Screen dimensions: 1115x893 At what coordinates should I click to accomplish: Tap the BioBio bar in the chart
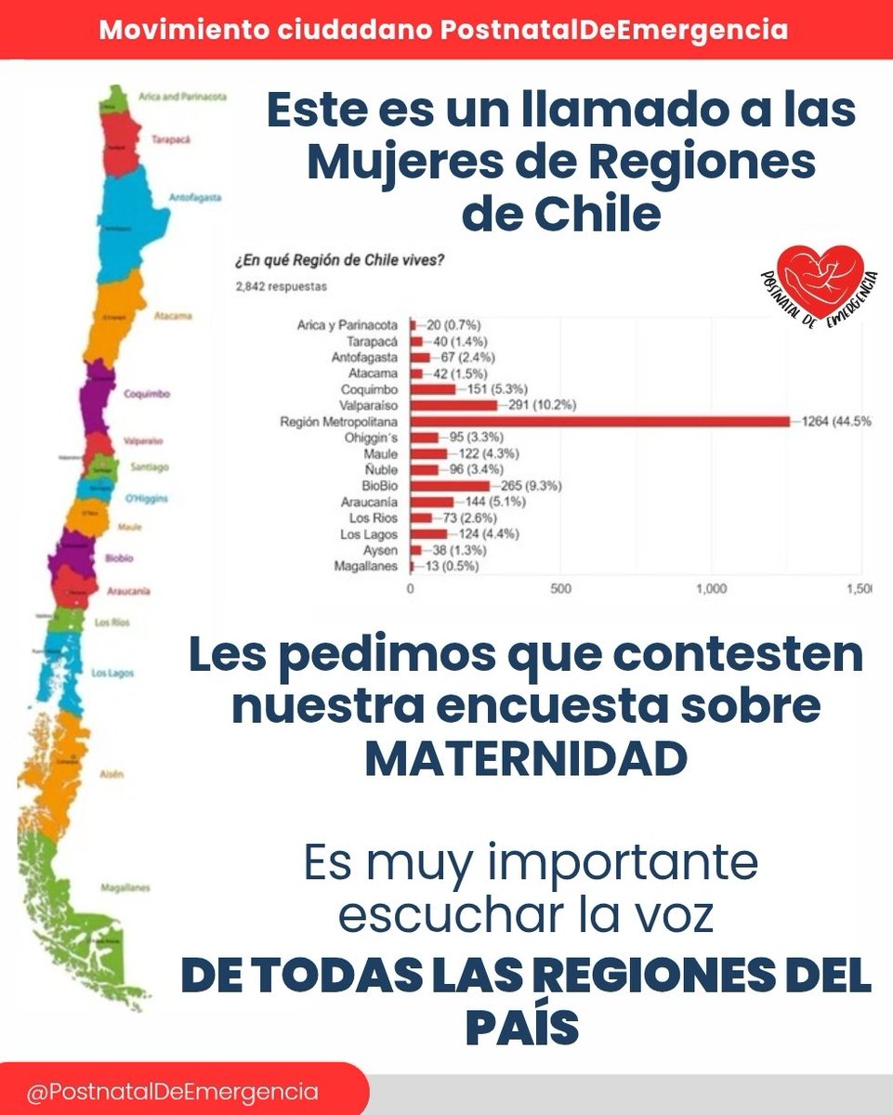coord(450,486)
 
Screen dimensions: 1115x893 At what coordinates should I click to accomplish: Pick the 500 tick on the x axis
coord(560,589)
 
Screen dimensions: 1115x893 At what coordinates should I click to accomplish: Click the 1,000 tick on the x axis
coord(711,589)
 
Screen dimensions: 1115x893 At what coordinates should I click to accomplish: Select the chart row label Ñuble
coord(381,470)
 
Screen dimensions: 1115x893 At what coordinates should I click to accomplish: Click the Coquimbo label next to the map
coord(147,394)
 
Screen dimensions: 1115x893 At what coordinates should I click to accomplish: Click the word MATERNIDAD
coord(526,759)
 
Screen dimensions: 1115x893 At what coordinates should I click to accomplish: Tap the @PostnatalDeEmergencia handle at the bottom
coord(172,1092)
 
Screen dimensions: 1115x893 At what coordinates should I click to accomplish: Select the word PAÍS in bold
coord(526,1029)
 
